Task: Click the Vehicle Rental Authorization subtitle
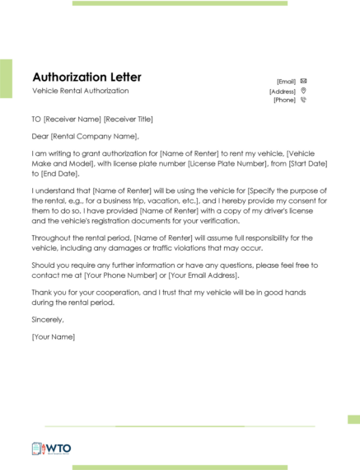click(x=81, y=91)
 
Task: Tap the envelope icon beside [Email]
click(x=303, y=81)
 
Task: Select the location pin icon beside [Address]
click(x=303, y=91)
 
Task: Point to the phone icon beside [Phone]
click(x=303, y=100)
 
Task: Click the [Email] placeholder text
click(x=286, y=82)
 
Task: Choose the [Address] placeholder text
click(x=283, y=91)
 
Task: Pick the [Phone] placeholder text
click(x=284, y=100)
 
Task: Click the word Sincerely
click(x=47, y=319)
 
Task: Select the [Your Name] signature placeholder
click(x=54, y=336)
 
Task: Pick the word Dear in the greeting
click(x=40, y=136)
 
